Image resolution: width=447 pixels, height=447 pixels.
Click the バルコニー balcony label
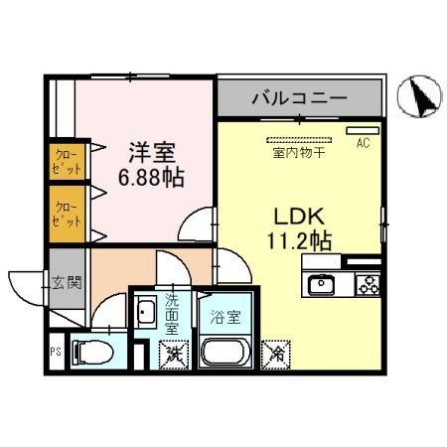tap(297, 98)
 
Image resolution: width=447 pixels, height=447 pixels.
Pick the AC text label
tap(363, 142)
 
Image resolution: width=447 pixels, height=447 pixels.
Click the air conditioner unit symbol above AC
tap(358, 130)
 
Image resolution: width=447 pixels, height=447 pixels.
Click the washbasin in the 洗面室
tap(145, 313)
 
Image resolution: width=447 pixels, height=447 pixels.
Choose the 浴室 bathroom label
tap(224, 318)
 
